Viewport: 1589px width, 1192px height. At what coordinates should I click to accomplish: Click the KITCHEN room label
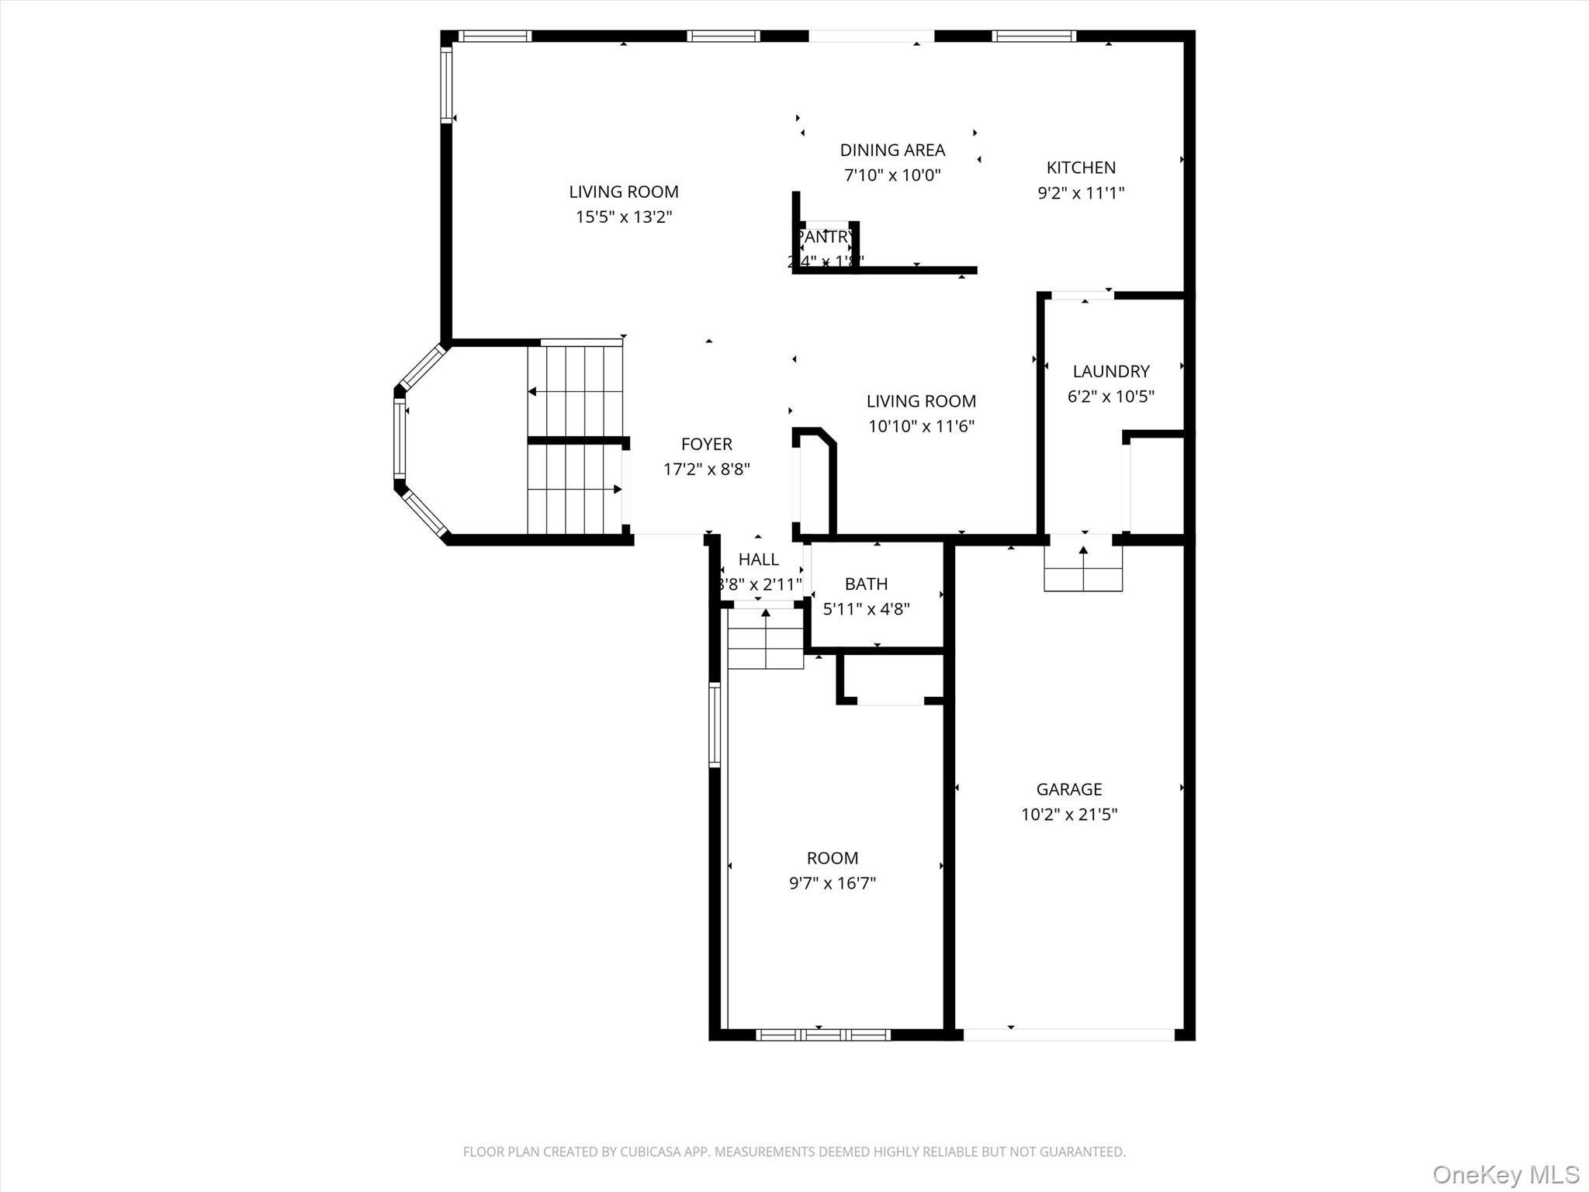pyautogui.click(x=1081, y=168)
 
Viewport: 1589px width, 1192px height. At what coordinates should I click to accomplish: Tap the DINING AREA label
pyautogui.click(x=892, y=150)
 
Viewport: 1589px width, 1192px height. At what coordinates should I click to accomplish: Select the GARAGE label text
pyautogui.click(x=1068, y=789)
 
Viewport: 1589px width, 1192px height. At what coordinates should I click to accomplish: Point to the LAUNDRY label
pyautogui.click(x=1110, y=371)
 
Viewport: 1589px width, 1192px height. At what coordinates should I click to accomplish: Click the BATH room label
pyautogui.click(x=866, y=584)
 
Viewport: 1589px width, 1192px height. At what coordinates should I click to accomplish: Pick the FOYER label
pyautogui.click(x=706, y=444)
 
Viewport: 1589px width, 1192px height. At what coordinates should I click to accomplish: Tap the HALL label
pyautogui.click(x=758, y=559)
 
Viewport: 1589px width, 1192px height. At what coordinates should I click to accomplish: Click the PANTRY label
pyautogui.click(x=825, y=236)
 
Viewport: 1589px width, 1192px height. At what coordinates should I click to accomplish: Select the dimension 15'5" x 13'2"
pyautogui.click(x=623, y=217)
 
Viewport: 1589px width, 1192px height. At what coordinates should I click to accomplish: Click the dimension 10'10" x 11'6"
pyautogui.click(x=920, y=426)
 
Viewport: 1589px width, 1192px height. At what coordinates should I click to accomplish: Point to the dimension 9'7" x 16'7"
pyautogui.click(x=832, y=883)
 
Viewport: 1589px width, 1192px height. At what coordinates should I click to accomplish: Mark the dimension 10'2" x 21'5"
pyautogui.click(x=1068, y=814)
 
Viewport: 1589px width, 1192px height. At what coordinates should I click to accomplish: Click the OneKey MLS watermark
pyautogui.click(x=1505, y=1174)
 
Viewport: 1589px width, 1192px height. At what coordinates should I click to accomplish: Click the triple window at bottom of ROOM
pyautogui.click(x=822, y=1034)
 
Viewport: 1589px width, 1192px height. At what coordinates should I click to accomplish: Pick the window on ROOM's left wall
pyautogui.click(x=715, y=725)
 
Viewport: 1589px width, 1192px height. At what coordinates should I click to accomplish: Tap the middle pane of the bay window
pyautogui.click(x=400, y=439)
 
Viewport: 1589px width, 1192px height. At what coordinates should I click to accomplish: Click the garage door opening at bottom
pyautogui.click(x=1068, y=1034)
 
